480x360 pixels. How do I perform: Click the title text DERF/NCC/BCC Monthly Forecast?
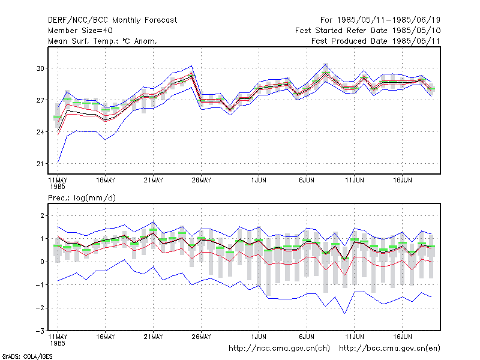coord(112,20)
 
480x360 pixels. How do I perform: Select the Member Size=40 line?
coord(80,31)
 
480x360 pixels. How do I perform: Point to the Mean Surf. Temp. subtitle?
coord(102,41)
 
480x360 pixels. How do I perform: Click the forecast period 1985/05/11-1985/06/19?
coord(380,20)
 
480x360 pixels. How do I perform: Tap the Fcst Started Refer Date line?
coord(368,31)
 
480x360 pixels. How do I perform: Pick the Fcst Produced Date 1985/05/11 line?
coord(376,41)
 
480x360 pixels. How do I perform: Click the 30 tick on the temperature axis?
coord(40,68)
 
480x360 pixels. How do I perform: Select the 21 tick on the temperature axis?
coord(40,164)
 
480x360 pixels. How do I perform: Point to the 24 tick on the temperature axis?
coord(40,132)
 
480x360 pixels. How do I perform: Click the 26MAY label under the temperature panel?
coord(201,180)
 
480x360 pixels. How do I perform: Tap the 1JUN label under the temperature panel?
coord(259,180)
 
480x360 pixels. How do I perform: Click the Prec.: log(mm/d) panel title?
coord(82,198)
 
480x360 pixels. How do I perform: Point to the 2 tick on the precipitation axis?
coord(42,215)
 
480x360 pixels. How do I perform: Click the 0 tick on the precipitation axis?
coord(42,262)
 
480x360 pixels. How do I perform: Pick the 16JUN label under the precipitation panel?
coord(402,337)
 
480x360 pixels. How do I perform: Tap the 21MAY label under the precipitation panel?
coord(154,337)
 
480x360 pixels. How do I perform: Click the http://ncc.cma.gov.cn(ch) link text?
coord(279,349)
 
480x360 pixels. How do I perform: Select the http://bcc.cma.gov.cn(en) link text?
coord(389,349)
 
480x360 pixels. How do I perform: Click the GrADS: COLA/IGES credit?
coord(27,356)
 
